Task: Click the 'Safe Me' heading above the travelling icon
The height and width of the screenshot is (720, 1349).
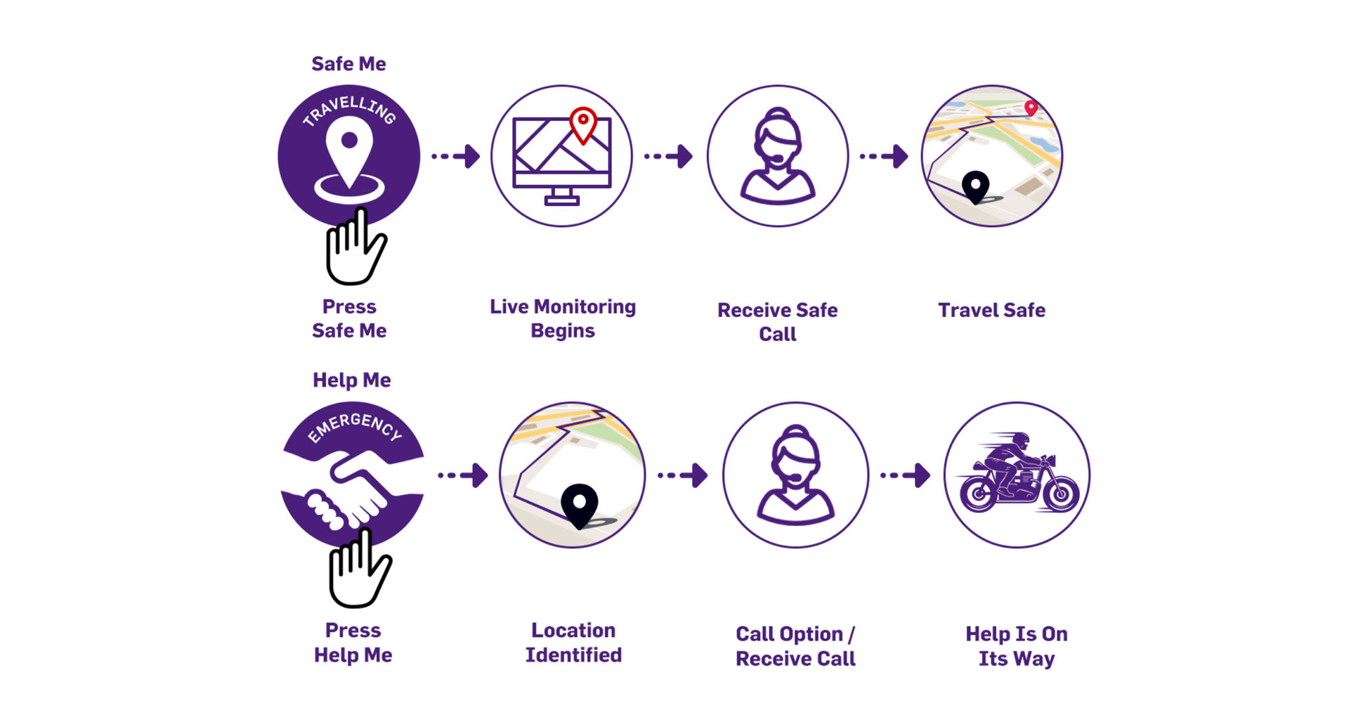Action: coord(348,64)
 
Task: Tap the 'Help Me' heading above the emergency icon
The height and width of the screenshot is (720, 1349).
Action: coord(351,380)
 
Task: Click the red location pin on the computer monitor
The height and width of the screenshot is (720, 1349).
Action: coord(583,124)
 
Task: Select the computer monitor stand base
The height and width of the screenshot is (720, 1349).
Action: coord(561,200)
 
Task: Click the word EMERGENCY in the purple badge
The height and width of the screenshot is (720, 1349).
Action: coord(355,426)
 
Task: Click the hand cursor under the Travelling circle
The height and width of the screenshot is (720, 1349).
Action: coord(355,250)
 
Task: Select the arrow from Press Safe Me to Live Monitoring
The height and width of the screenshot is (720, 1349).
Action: coord(456,156)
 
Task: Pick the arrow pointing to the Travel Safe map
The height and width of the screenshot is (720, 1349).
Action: coord(884,156)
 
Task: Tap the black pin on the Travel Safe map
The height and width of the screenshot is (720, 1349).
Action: coord(975,186)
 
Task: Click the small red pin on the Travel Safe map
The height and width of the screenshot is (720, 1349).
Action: coord(1031,108)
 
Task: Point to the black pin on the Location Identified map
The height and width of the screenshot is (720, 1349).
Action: coord(579,504)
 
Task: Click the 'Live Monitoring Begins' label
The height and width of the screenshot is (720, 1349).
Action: coord(562,319)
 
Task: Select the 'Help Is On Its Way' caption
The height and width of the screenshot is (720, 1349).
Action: coord(1016,646)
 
